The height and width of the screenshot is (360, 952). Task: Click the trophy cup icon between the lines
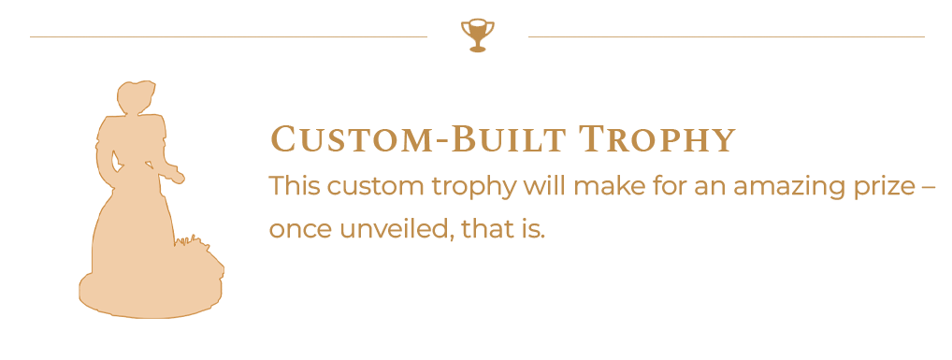(x=477, y=36)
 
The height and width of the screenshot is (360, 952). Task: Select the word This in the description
(x=295, y=186)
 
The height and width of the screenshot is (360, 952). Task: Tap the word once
(x=300, y=232)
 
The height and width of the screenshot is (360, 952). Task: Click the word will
(x=546, y=186)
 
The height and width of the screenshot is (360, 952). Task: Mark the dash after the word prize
(x=929, y=188)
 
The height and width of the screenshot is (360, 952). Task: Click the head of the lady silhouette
(x=136, y=97)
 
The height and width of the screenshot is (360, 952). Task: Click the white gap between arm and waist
(x=115, y=160)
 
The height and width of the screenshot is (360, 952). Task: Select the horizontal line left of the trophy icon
(x=228, y=37)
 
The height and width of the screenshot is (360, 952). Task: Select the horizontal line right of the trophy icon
(x=726, y=37)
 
